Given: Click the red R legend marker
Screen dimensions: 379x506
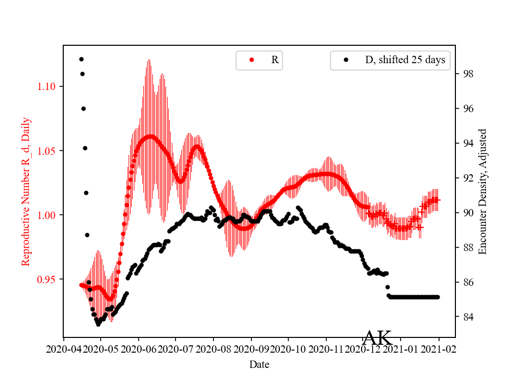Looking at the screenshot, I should click(251, 60).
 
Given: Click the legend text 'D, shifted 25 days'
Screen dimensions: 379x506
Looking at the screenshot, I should click(405, 60).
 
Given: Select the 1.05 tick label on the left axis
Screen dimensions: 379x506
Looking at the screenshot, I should click(48, 151).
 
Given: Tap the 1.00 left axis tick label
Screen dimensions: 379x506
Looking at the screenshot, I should click(48, 215).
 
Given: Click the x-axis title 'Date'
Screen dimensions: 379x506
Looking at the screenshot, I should click(259, 364).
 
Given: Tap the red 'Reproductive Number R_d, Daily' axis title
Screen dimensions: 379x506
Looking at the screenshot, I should click(26, 192).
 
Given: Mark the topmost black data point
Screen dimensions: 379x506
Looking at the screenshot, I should click(81, 59).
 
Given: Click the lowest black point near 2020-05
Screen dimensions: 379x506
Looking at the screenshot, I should click(98, 324).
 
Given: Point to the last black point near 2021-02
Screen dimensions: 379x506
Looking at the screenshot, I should click(437, 297).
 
